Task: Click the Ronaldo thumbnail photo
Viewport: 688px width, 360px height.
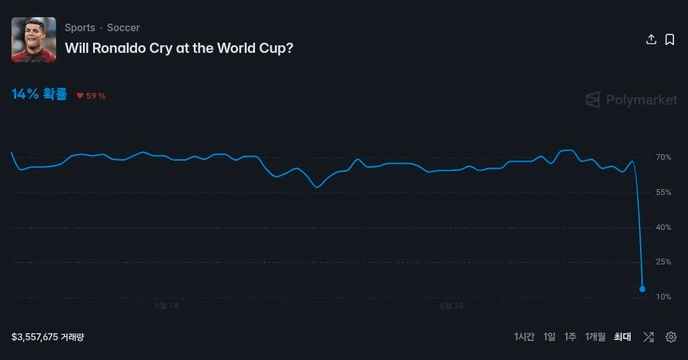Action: [34, 40]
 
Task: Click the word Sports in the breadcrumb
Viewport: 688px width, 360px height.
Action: [80, 27]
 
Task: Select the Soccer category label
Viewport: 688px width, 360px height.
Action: [123, 27]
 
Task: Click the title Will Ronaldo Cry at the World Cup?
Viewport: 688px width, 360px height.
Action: [179, 48]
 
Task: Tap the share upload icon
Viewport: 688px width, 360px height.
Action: [651, 40]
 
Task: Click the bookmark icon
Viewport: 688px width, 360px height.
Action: [670, 40]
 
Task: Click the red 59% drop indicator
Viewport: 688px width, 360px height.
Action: [91, 96]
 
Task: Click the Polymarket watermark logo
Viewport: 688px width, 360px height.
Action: [631, 100]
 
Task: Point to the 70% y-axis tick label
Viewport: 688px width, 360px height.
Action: [663, 157]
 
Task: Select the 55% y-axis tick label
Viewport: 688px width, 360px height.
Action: [663, 192]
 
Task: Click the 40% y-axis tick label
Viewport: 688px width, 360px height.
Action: [663, 227]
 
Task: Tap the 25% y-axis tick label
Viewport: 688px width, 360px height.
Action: [663, 262]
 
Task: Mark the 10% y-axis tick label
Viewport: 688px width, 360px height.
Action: [663, 297]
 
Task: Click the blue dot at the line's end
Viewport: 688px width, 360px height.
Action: [642, 289]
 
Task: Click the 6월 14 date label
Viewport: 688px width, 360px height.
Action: [166, 306]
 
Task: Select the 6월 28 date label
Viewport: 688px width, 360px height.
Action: [452, 306]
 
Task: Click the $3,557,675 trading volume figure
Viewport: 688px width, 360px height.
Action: [34, 337]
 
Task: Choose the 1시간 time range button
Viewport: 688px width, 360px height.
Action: [524, 337]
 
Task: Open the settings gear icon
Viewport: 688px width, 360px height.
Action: [671, 337]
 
